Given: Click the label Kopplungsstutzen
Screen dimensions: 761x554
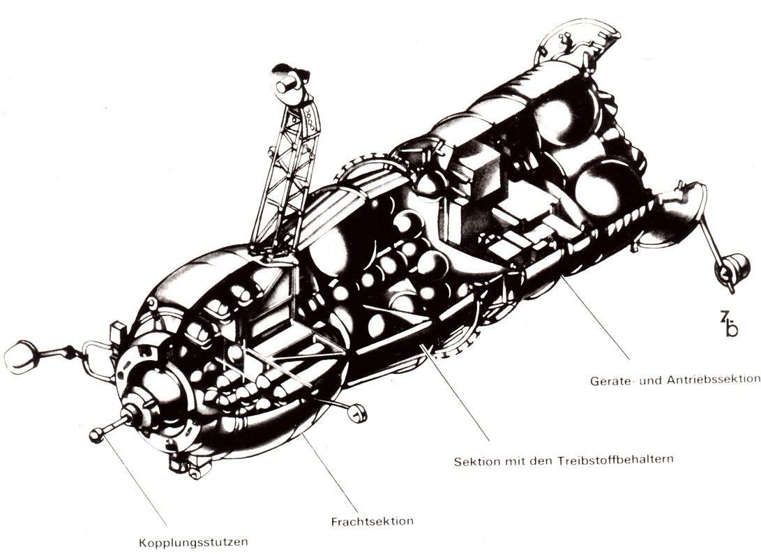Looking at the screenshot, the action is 194,542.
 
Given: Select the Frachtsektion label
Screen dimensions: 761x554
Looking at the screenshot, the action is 372,521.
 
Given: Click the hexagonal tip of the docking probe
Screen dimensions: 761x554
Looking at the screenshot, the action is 96,435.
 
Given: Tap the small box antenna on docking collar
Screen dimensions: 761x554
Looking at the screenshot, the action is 118,334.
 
